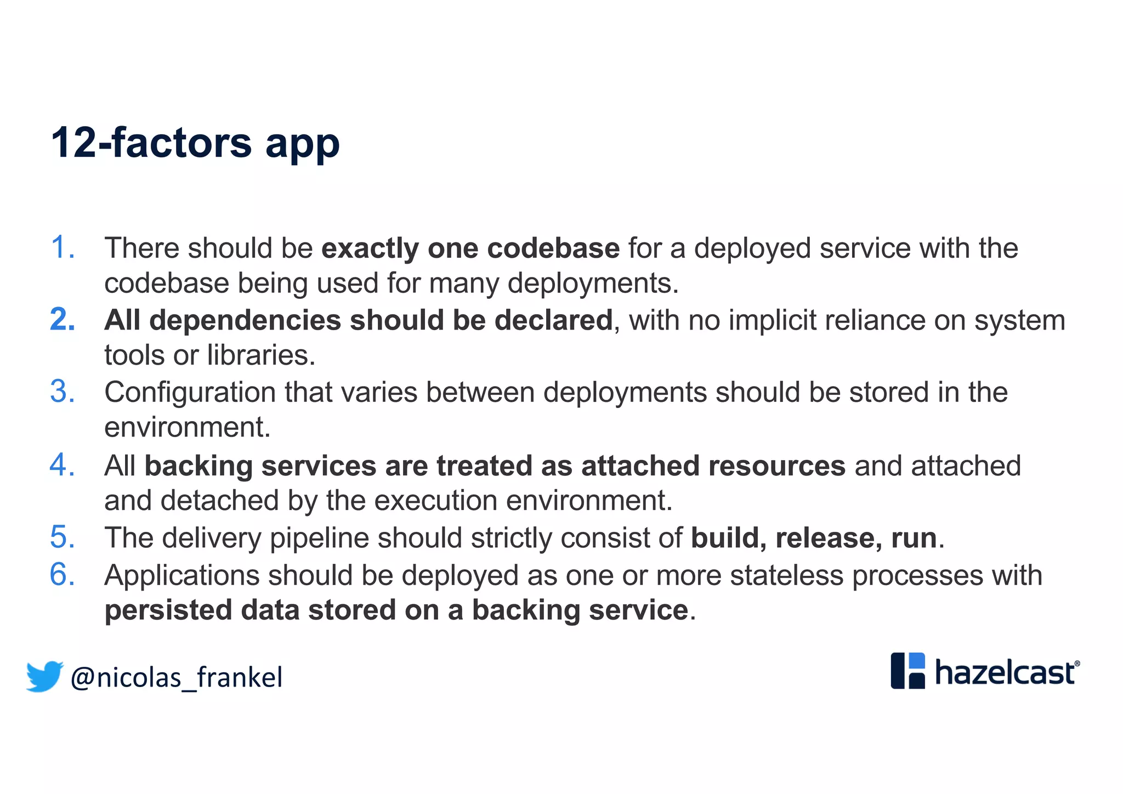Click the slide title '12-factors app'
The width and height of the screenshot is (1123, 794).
click(x=195, y=143)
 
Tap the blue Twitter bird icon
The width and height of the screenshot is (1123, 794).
click(x=44, y=676)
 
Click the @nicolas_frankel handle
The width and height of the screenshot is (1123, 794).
click(x=177, y=678)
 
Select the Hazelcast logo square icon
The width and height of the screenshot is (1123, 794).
click(x=908, y=671)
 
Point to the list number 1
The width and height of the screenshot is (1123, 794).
click(x=62, y=247)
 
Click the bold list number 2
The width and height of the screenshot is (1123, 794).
click(x=62, y=320)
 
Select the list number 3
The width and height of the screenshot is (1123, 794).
click(x=62, y=392)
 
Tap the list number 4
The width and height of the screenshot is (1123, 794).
click(x=62, y=465)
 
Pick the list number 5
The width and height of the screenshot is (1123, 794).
click(x=62, y=537)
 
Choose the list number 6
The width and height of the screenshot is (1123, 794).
click(x=62, y=575)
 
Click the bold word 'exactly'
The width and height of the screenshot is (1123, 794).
click(x=370, y=249)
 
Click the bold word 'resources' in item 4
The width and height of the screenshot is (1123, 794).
click(x=776, y=466)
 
